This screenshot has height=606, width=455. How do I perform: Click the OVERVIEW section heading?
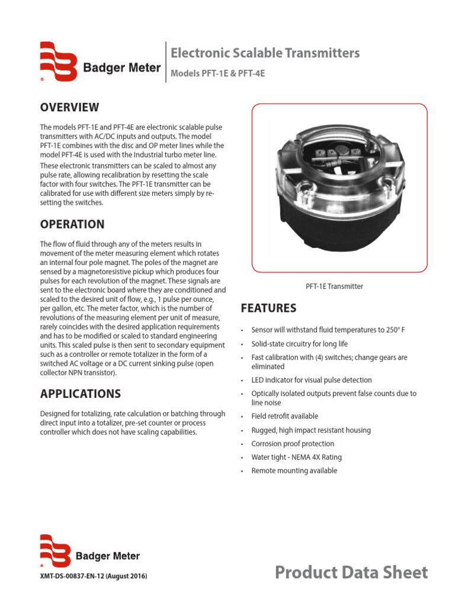tap(69, 107)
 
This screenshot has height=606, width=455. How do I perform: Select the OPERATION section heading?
tap(72, 224)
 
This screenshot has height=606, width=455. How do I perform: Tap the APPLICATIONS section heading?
tap(81, 394)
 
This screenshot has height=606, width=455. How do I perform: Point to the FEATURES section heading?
tap(268, 308)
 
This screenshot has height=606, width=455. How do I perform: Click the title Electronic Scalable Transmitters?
tap(265, 53)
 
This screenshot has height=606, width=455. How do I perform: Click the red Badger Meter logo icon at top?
tap(58, 61)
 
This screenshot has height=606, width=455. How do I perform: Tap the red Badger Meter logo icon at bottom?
tap(55, 550)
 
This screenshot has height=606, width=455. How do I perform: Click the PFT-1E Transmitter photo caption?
tap(334, 286)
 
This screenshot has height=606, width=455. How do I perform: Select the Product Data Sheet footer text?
tap(351, 572)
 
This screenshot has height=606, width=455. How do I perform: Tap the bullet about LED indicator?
tap(312, 380)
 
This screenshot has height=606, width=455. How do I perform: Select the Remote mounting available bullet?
tap(294, 471)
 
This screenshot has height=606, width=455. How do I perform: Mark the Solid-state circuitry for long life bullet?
tap(299, 344)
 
